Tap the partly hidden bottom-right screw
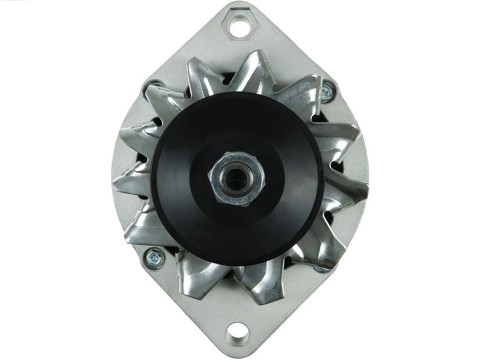tap(321, 269)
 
